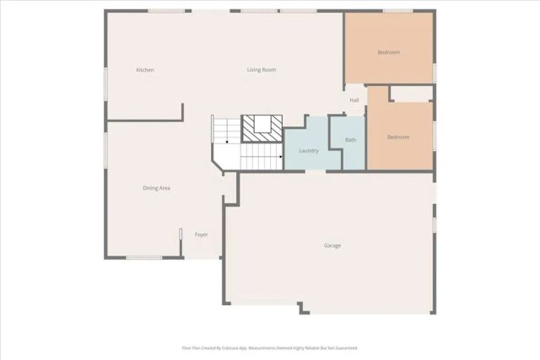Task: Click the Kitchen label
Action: point(145,70)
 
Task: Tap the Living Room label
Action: point(262,70)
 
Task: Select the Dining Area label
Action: point(156,188)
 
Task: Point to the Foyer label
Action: point(201,234)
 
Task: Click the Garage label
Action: point(332,245)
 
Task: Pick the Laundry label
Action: point(308,151)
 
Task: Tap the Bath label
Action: point(350,140)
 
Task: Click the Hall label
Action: point(354,100)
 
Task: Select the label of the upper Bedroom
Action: point(388,52)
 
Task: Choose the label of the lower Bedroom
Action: point(398,137)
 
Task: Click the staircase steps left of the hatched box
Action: point(226,129)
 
